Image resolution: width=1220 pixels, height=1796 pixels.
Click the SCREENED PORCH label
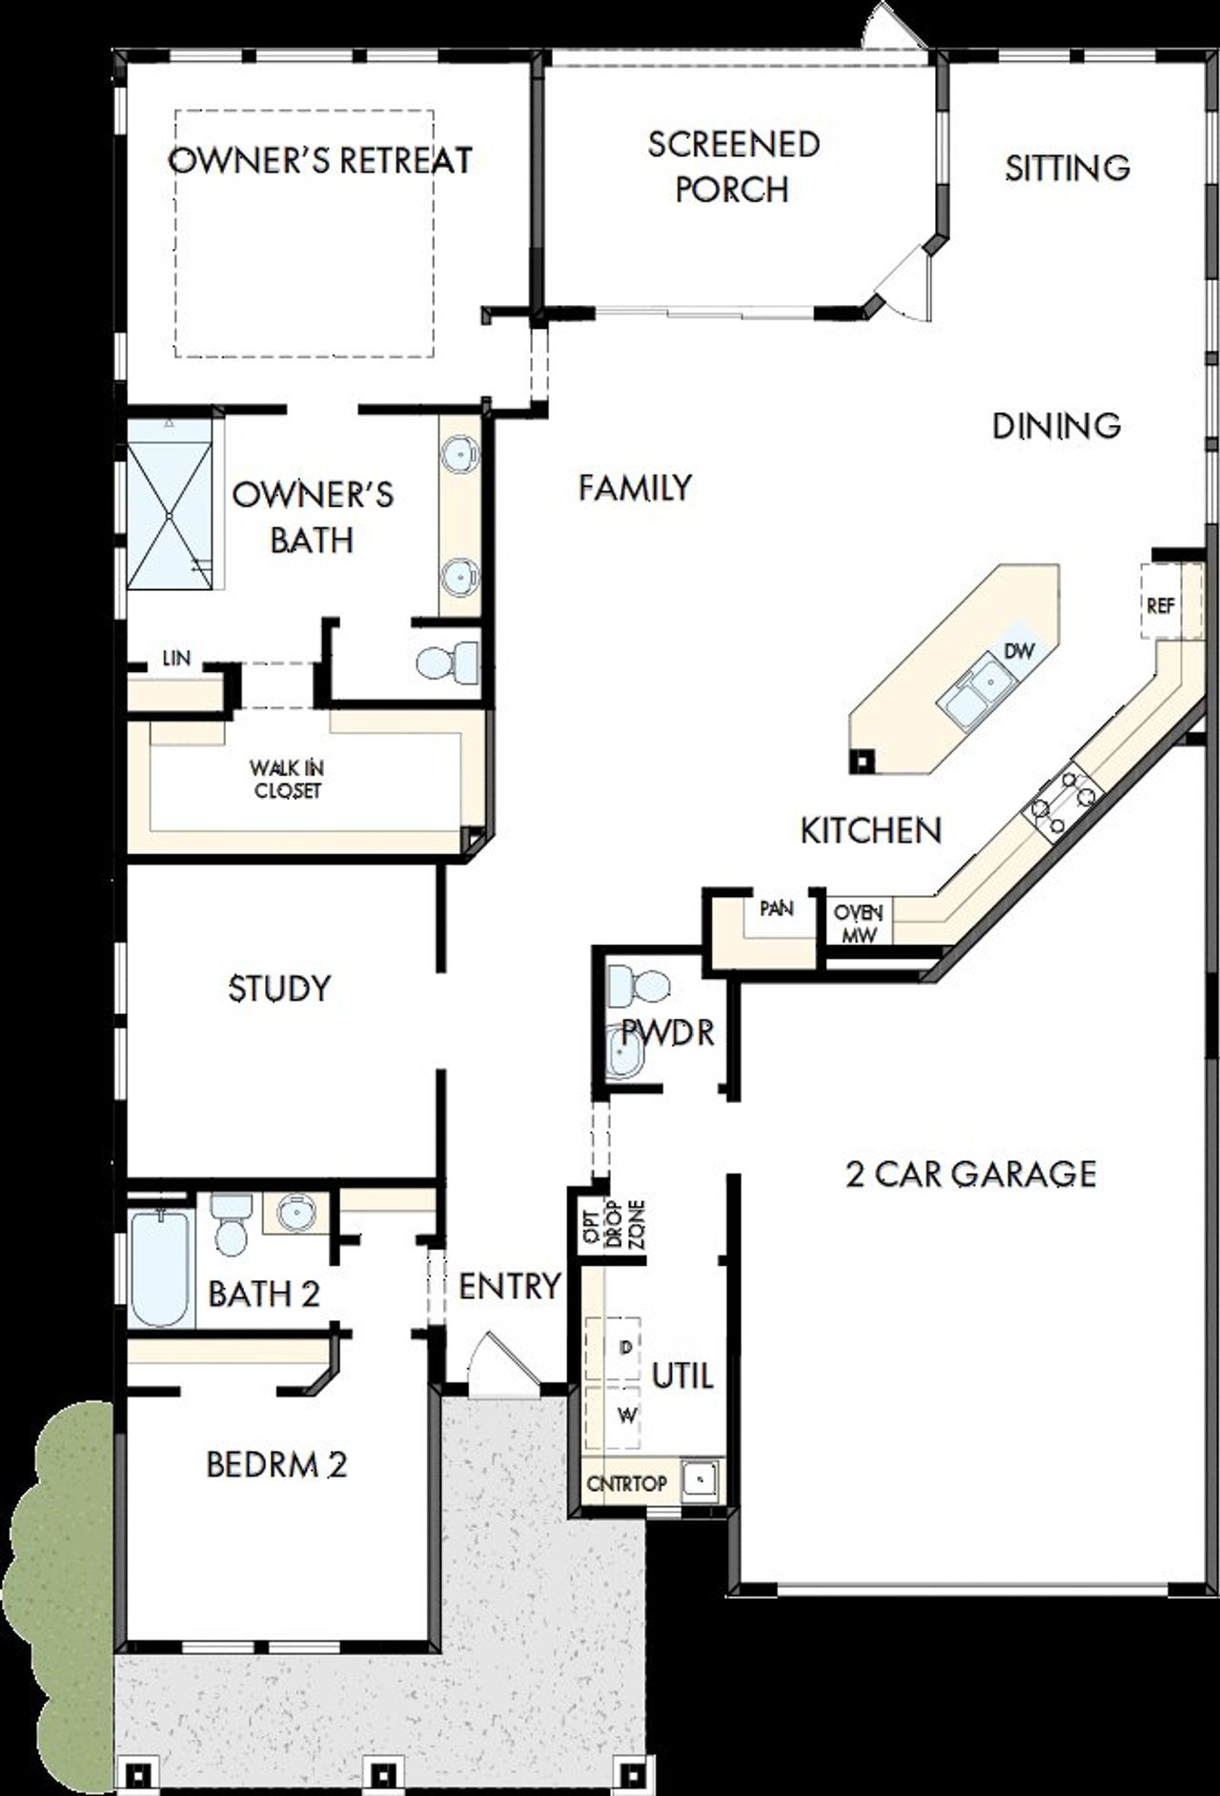coord(733,167)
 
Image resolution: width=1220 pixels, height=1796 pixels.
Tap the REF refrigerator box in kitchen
coord(1160,605)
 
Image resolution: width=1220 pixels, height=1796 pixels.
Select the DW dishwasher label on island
coord(1019,651)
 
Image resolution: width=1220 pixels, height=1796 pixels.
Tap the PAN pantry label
coord(776,908)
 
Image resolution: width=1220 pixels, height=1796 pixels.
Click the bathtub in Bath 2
coord(160,1267)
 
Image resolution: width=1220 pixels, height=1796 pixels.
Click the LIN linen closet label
coord(175,659)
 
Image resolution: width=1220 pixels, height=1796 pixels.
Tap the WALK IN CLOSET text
coord(287,779)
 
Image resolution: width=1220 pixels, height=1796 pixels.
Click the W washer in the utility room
coord(624,1416)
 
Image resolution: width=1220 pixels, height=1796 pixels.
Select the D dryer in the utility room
coord(624,1348)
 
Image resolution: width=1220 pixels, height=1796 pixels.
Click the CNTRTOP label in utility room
coord(626,1484)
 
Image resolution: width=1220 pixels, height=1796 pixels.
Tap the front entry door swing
coord(496,1359)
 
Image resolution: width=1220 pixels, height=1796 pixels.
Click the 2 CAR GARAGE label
coord(970,1174)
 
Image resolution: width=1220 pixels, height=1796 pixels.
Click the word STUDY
coord(279,989)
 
